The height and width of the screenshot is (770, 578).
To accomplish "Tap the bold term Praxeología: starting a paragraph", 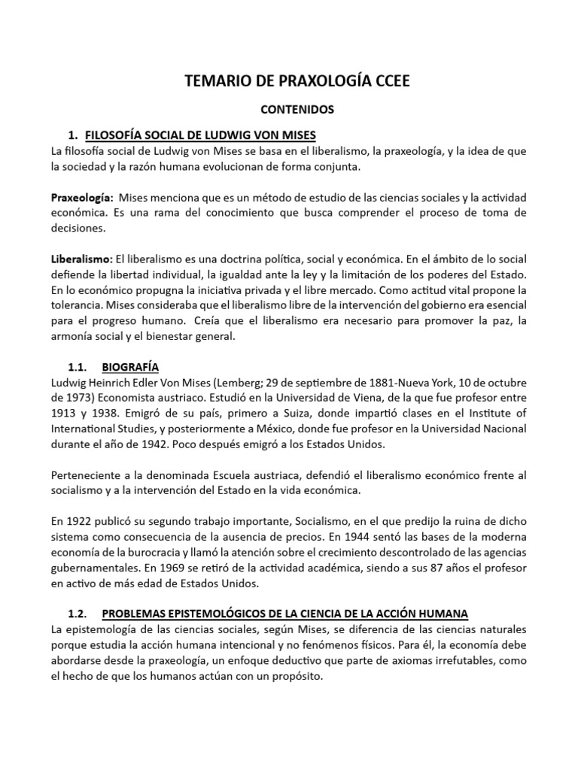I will click(x=81, y=197).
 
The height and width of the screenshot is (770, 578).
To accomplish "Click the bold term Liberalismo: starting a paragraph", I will click(x=81, y=258).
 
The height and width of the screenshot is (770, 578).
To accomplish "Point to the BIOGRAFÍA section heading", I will click(x=130, y=367).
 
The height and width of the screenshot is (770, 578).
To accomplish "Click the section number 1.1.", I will click(x=79, y=367).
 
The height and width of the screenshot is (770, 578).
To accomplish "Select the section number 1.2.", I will click(x=79, y=612).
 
